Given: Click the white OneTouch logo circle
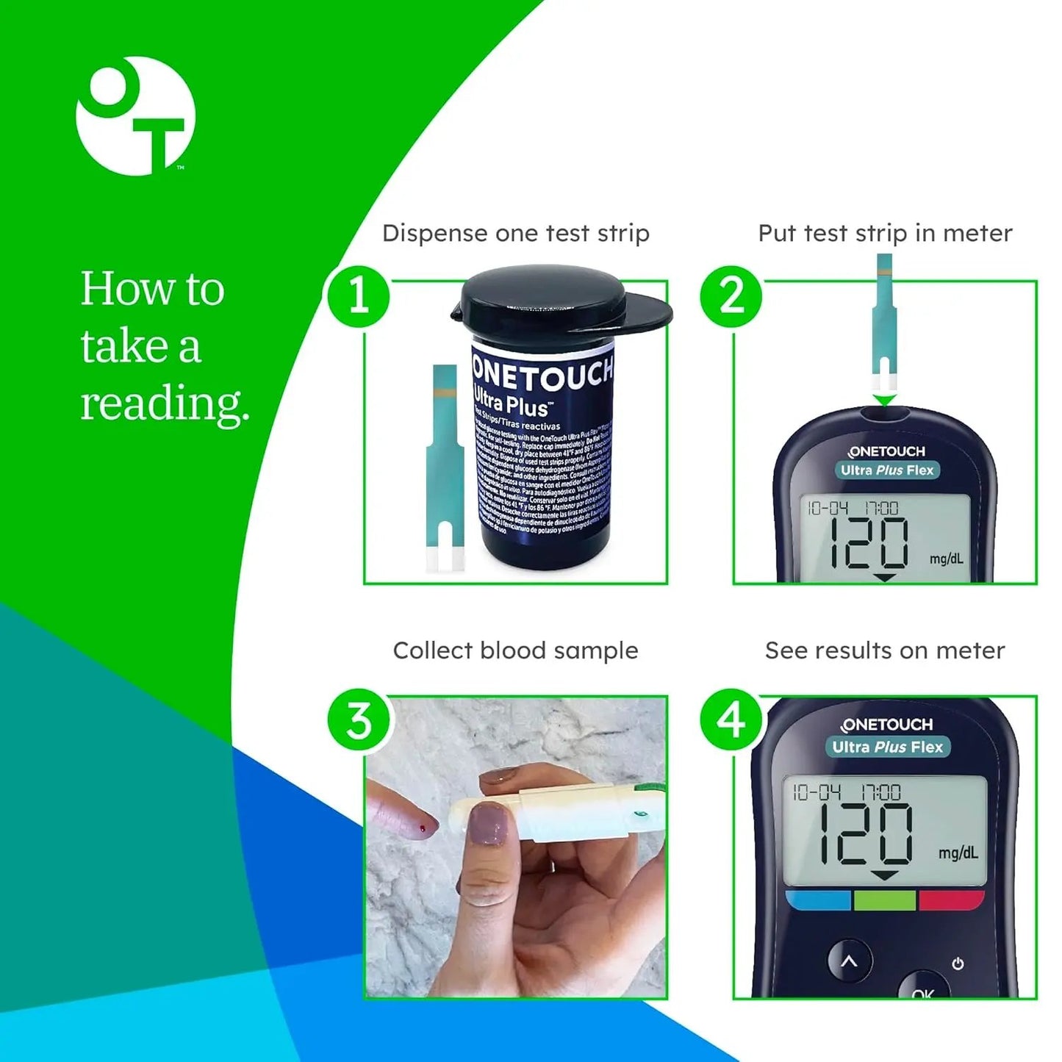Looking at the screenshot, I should [x=136, y=116].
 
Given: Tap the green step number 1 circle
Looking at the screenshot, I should [x=359, y=296].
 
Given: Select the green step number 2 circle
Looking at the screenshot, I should [x=731, y=296].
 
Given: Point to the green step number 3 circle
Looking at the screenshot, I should [x=359, y=720].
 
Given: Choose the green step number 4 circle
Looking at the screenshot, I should [x=731, y=720].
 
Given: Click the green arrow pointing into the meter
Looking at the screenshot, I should [x=885, y=400].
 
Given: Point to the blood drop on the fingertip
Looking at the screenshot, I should [x=423, y=829].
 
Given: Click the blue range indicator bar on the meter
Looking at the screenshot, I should [x=818, y=900].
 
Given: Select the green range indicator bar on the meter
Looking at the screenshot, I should [x=884, y=900].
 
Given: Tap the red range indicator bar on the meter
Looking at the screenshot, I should [x=950, y=900].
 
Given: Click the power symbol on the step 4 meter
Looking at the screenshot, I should [x=958, y=964].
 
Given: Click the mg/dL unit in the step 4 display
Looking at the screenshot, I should [x=958, y=853].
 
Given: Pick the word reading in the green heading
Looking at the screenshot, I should [x=165, y=403].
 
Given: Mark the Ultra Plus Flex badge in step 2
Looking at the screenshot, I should [x=887, y=470].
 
